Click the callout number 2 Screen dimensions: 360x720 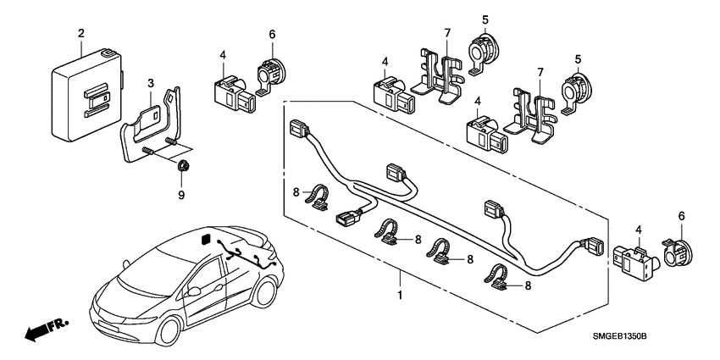click(x=81, y=33)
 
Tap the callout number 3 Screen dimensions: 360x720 click(x=150, y=83)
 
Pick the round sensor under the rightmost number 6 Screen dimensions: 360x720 click(x=679, y=249)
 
